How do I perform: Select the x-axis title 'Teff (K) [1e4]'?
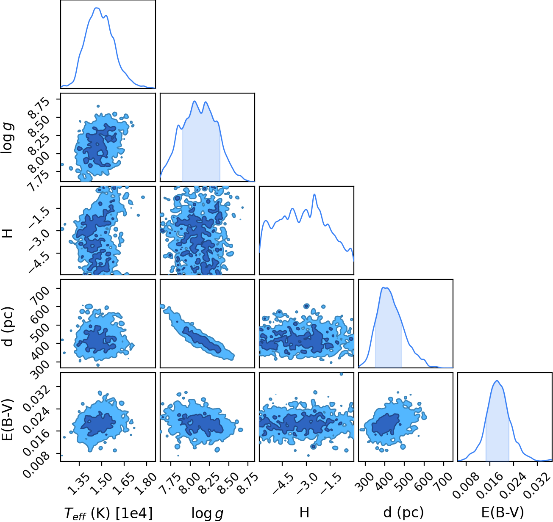pyautogui.click(x=108, y=513)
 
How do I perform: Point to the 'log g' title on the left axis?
pyautogui.click(x=8, y=138)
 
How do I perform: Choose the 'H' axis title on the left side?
pyautogui.click(x=8, y=230)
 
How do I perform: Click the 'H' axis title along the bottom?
pyautogui.click(x=304, y=512)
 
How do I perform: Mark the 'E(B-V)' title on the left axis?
pyautogui.click(x=8, y=420)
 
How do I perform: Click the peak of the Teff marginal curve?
pyautogui.click(x=96, y=8)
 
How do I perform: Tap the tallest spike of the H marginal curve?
pyautogui.click(x=314, y=194)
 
